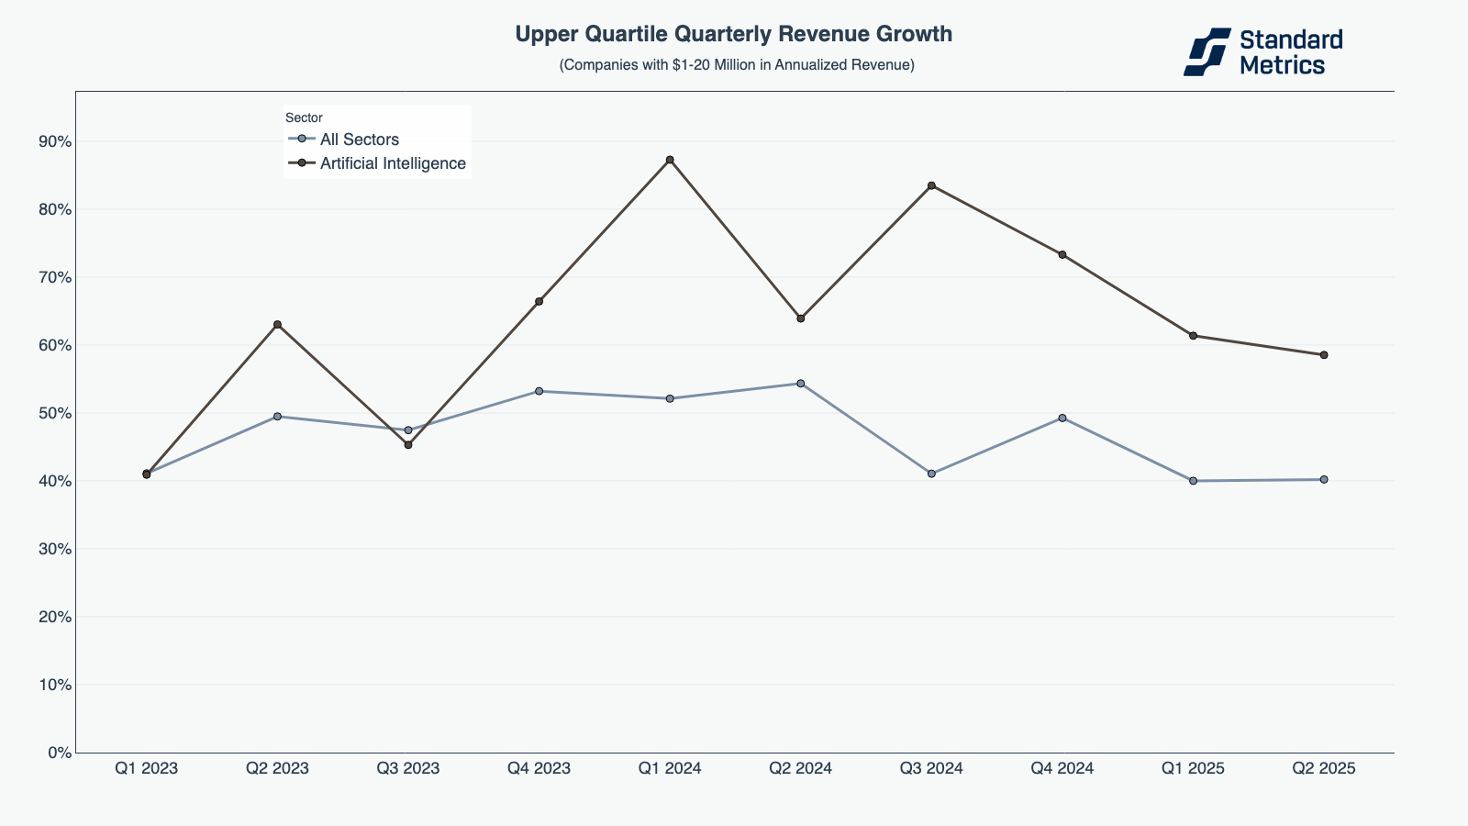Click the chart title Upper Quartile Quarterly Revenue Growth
(733, 34)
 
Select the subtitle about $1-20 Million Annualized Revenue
(737, 65)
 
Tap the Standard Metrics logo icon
(1207, 51)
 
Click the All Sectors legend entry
(359, 140)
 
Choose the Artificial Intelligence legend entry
(392, 163)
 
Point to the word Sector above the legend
(304, 117)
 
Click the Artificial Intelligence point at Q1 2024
(670, 160)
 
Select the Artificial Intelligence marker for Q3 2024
(931, 185)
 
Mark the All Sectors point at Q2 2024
(800, 384)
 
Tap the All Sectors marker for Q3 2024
(931, 474)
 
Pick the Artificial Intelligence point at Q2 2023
(277, 324)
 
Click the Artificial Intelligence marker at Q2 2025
(1323, 355)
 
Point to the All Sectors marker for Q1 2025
(1193, 481)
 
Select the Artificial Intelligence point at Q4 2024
(1062, 254)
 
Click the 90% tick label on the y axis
(54, 141)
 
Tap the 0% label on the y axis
(59, 753)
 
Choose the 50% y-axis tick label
(54, 413)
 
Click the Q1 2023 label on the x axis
(147, 769)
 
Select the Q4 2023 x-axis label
(539, 769)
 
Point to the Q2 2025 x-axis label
(1323, 769)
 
